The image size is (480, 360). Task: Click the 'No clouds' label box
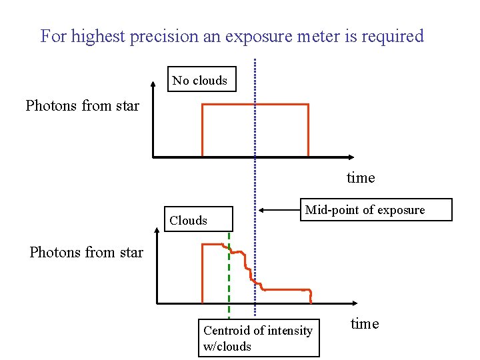pos(201,81)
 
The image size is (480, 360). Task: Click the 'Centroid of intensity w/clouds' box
pos(258,338)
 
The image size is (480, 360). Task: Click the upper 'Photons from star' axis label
pos(82,105)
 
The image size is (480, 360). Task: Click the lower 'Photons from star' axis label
pos(86,252)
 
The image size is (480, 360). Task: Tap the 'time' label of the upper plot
pos(361,178)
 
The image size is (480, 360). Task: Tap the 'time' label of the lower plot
pos(365,324)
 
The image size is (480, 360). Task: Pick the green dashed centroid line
pos(229,280)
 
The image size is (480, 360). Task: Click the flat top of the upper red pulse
pos(255,105)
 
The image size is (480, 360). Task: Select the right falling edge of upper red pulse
pos(308,130)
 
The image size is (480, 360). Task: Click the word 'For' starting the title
pos(53,36)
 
